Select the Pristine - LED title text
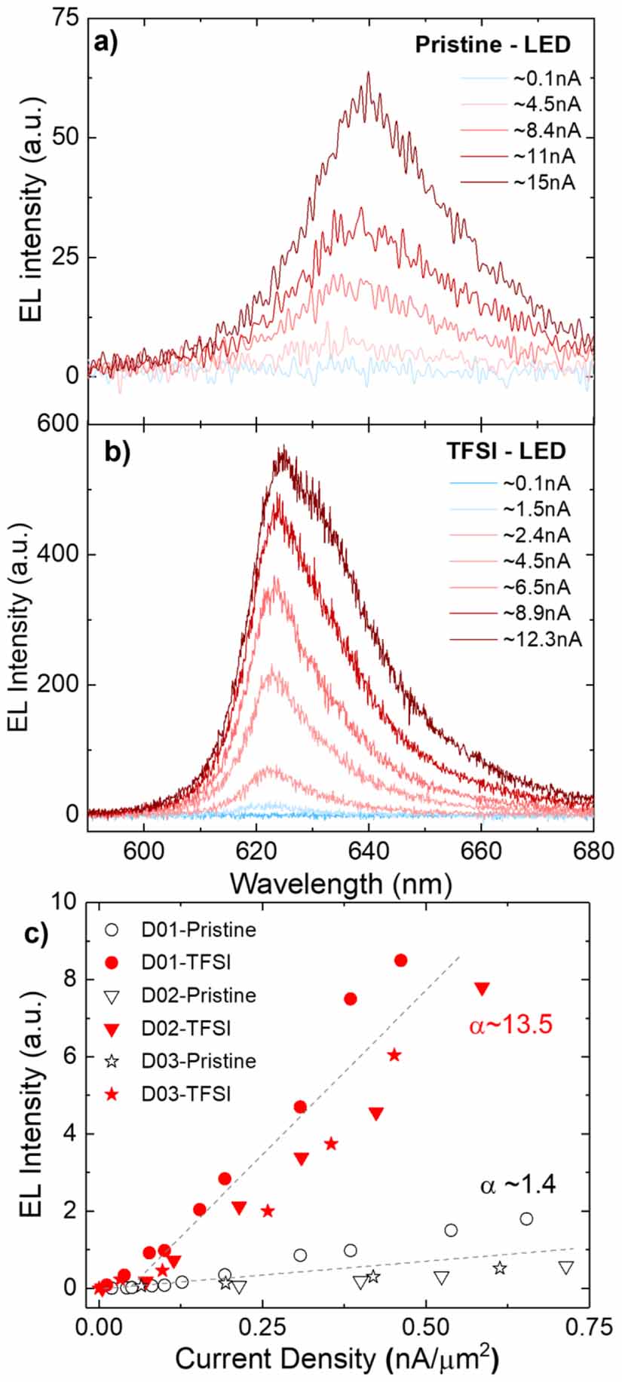pos(493,44)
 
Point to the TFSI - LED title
pos(504,451)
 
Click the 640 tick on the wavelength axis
pos(369,849)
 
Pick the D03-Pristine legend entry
pos(198,1060)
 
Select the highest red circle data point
pos(400,960)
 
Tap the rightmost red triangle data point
pos(482,988)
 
